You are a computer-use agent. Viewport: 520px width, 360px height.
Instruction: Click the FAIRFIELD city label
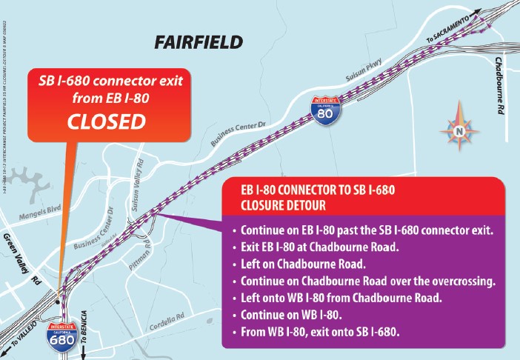199,41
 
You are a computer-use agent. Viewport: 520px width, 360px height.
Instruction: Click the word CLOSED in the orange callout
107,121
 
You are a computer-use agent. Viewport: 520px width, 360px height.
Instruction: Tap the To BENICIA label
82,341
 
